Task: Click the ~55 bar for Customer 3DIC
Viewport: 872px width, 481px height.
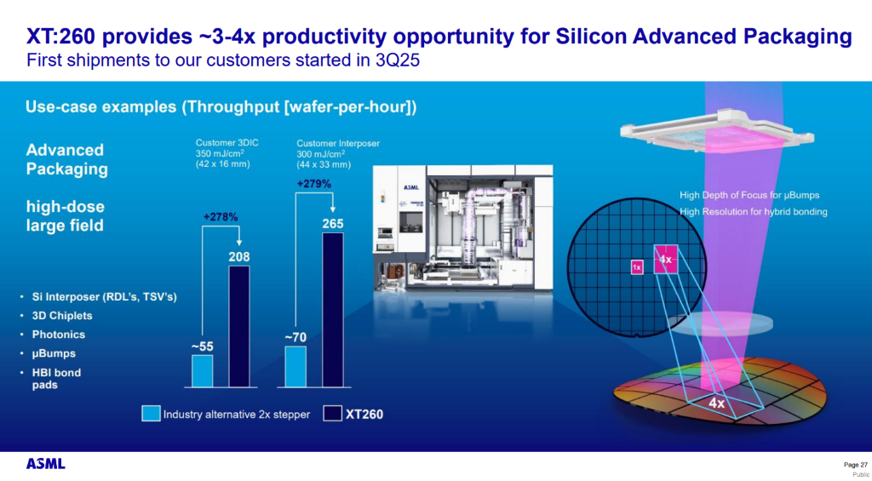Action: pyautogui.click(x=202, y=371)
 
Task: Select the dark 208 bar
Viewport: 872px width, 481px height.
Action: pyautogui.click(x=239, y=326)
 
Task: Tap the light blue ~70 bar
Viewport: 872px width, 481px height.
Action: pyautogui.click(x=295, y=366)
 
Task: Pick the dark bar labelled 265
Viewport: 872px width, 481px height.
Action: pyautogui.click(x=333, y=310)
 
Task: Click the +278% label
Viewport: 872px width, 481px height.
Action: pyautogui.click(x=221, y=217)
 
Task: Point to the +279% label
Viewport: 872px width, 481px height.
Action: pyautogui.click(x=313, y=183)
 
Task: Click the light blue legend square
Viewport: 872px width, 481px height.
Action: pyautogui.click(x=151, y=415)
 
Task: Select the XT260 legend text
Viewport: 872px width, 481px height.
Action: pyautogui.click(x=364, y=415)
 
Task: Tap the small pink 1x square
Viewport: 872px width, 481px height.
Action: pyautogui.click(x=637, y=267)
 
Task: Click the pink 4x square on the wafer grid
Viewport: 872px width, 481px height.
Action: pyautogui.click(x=666, y=260)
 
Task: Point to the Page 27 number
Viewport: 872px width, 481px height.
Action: pyautogui.click(x=855, y=464)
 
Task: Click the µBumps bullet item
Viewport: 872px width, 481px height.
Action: pyautogui.click(x=54, y=353)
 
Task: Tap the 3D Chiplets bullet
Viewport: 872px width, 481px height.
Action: pyautogui.click(x=62, y=316)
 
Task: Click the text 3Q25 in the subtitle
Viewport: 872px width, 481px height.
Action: pyautogui.click(x=393, y=60)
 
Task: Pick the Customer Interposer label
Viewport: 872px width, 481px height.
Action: pyautogui.click(x=338, y=143)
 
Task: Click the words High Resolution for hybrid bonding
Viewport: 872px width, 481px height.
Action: pyautogui.click(x=754, y=212)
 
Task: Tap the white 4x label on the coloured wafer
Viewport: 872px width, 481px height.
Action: pyautogui.click(x=717, y=404)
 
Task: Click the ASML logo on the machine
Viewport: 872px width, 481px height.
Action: pyautogui.click(x=410, y=187)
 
